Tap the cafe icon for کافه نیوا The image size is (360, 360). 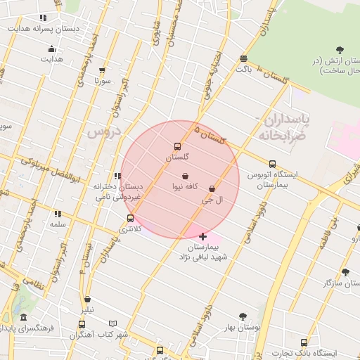pyautogui.click(x=185, y=176)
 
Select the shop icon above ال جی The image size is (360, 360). pyautogui.click(x=212, y=188)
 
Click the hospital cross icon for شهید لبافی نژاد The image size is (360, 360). pyautogui.click(x=203, y=236)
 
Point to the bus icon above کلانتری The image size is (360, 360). pyautogui.click(x=130, y=219)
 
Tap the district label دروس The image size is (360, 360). pyautogui.click(x=103, y=131)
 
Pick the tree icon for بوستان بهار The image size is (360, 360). pyautogui.click(x=243, y=316)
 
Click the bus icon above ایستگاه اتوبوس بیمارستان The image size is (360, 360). pyautogui.click(x=272, y=164)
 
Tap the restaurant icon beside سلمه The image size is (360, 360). pyautogui.click(x=58, y=214)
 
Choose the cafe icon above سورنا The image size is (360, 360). pyautogui.click(x=103, y=70)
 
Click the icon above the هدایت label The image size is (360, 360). pyautogui.click(x=51, y=49)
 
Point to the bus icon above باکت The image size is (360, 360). pyautogui.click(x=243, y=58)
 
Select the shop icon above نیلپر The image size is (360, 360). pyautogui.click(x=87, y=300)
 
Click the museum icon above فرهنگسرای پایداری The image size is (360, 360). pyautogui.click(x=24, y=317)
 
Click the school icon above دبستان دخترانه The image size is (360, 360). pyautogui.click(x=117, y=176)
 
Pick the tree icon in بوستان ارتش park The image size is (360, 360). pyautogui.click(x=340, y=50)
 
